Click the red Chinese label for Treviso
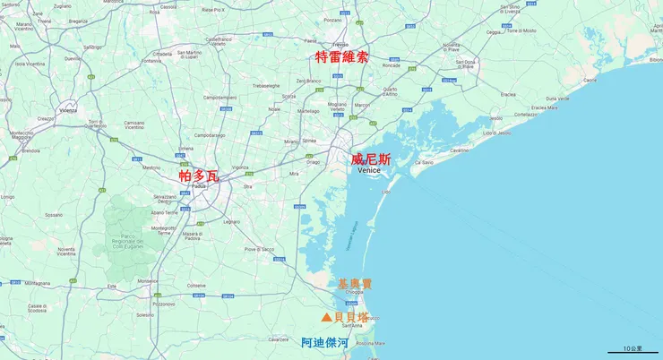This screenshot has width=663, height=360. tap(341, 56)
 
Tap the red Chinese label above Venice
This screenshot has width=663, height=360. tap(370, 159)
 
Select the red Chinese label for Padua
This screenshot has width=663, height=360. tap(198, 176)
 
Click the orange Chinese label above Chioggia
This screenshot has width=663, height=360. tap(354, 284)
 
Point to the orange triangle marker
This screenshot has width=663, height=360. tap(326, 318)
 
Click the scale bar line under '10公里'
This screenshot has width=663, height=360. tap(633, 352)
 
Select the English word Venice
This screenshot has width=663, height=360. tap(369, 170)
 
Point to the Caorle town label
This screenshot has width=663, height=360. tap(590, 81)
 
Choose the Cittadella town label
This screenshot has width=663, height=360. tap(162, 54)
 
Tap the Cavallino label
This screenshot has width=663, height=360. tap(459, 151)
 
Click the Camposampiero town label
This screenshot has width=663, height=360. tap(220, 97)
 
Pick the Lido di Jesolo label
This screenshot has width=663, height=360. tap(500, 133)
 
